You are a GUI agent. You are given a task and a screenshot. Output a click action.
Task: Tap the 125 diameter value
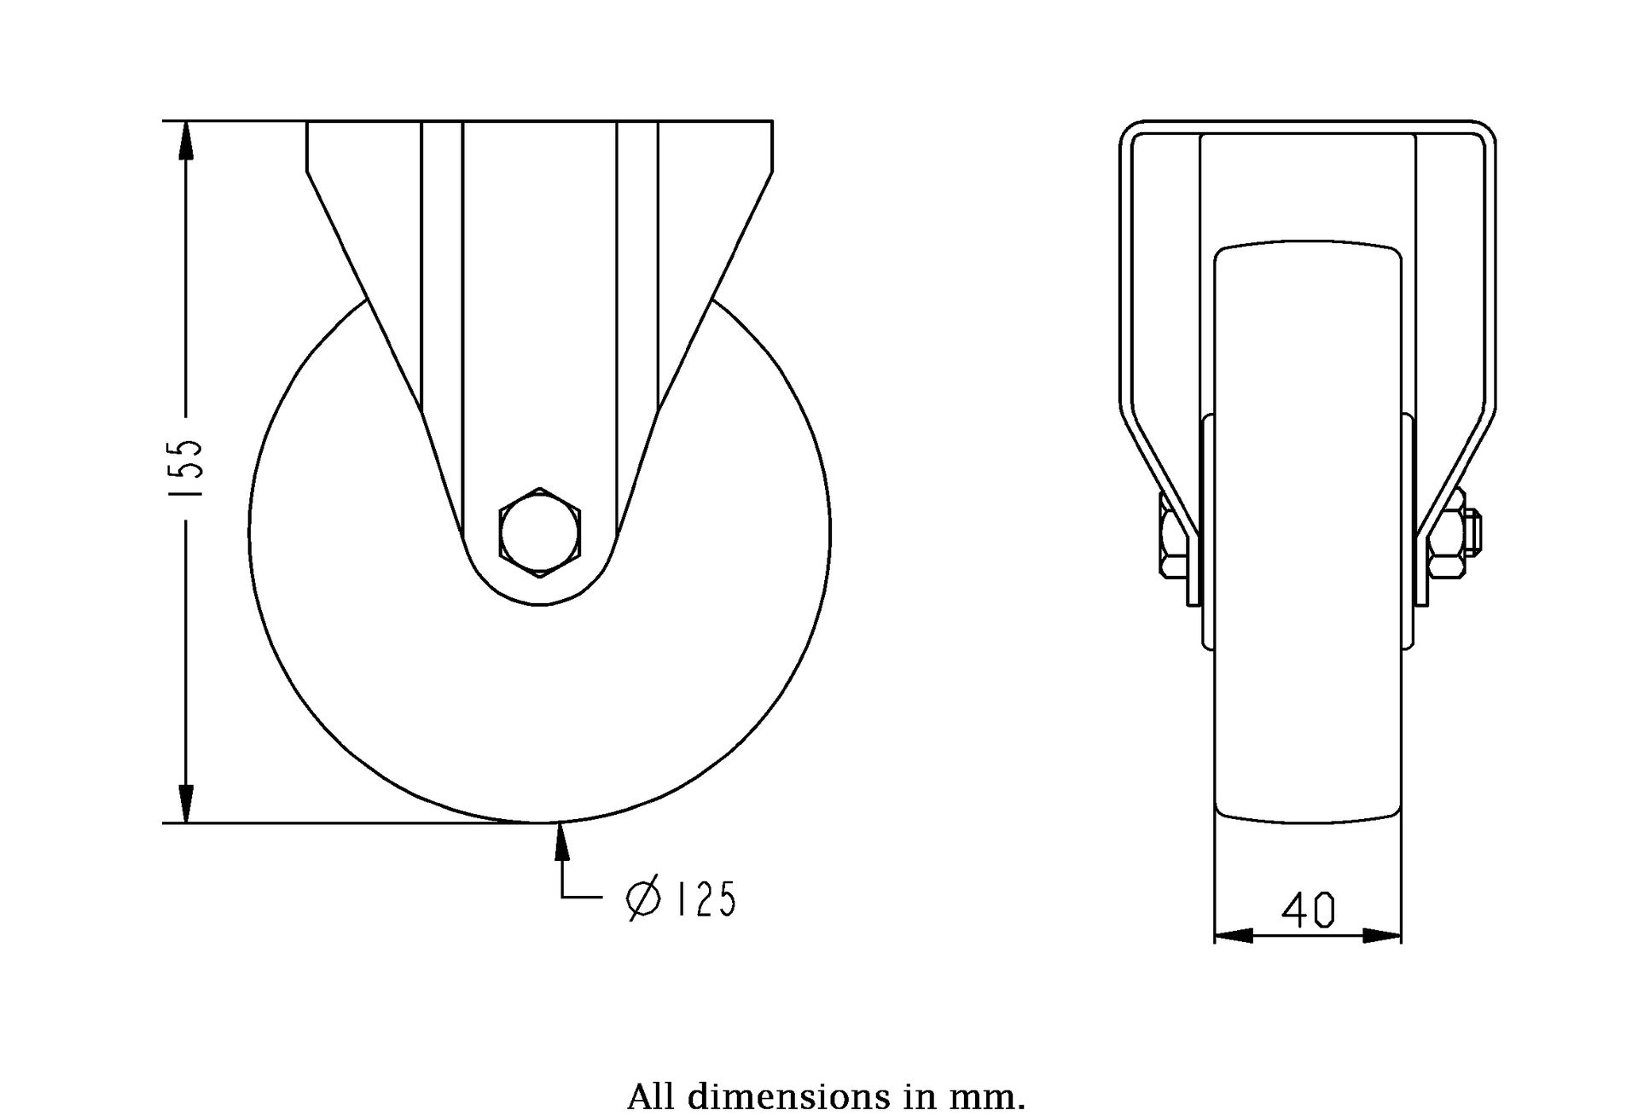point(705,899)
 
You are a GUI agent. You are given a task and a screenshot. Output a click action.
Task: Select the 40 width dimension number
point(1308,911)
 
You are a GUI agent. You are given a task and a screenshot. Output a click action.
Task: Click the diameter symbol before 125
point(644,899)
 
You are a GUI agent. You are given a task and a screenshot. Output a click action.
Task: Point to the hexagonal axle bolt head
point(540,532)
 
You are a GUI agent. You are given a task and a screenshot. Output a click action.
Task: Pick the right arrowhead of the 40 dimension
point(1382,936)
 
